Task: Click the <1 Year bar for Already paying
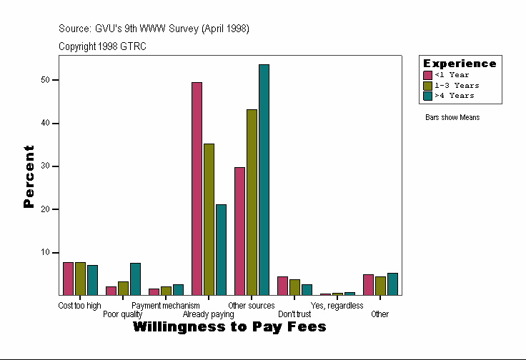pos(197,189)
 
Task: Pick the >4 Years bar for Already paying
pos(221,250)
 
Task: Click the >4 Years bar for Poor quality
pos(135,279)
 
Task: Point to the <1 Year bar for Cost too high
pos(68,279)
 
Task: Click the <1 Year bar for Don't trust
pos(282,286)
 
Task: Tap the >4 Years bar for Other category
pos(392,284)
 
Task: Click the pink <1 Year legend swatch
pos(427,75)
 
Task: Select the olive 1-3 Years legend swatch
pos(427,85)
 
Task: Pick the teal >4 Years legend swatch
pos(427,95)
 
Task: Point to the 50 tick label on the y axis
pos(45,80)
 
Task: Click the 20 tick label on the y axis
pos(45,209)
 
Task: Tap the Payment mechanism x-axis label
pos(166,306)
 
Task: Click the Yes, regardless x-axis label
pos(337,306)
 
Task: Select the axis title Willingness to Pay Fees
pos(229,327)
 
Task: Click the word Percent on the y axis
pos(29,176)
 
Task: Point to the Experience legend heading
pos(460,64)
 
